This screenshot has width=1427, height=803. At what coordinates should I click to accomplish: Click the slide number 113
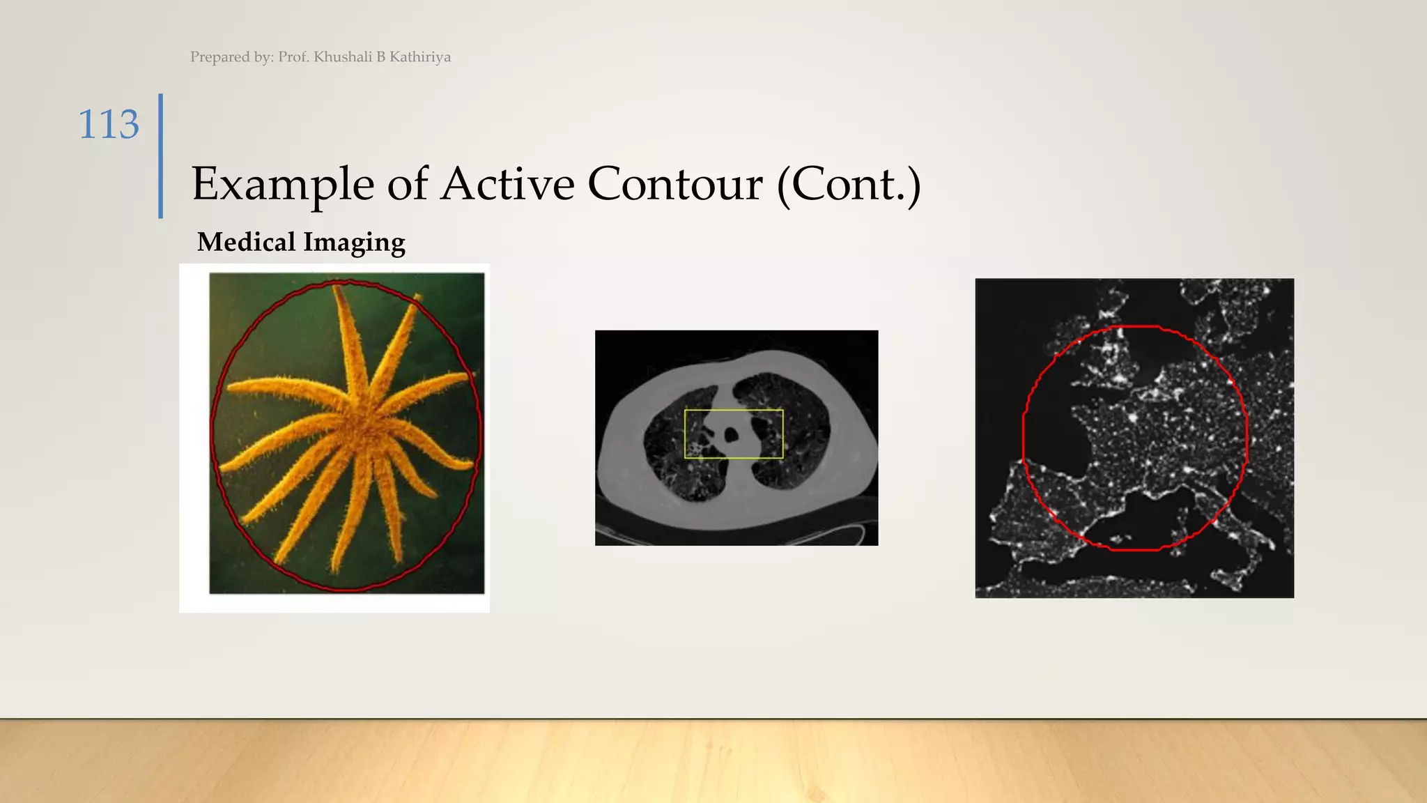(x=109, y=125)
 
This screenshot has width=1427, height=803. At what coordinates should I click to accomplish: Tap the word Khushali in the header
(x=343, y=57)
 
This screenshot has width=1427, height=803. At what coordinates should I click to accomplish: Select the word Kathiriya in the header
(x=420, y=57)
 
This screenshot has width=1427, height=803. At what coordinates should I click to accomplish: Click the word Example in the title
(x=283, y=185)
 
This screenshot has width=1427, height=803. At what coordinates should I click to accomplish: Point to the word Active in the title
(x=508, y=185)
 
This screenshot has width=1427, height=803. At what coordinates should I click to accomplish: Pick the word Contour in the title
(x=674, y=185)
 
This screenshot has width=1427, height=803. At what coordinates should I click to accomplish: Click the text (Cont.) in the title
(x=849, y=185)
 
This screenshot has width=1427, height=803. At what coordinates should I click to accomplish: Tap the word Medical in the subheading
(x=247, y=243)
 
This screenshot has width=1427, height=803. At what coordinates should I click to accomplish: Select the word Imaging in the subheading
(x=354, y=243)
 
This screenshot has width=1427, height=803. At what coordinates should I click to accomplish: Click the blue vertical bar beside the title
(x=161, y=156)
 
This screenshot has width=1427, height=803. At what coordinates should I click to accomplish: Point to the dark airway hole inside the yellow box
(x=731, y=436)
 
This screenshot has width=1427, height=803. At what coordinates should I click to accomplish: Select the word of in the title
(x=407, y=185)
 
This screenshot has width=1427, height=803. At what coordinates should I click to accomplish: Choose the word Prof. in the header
(x=293, y=57)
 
